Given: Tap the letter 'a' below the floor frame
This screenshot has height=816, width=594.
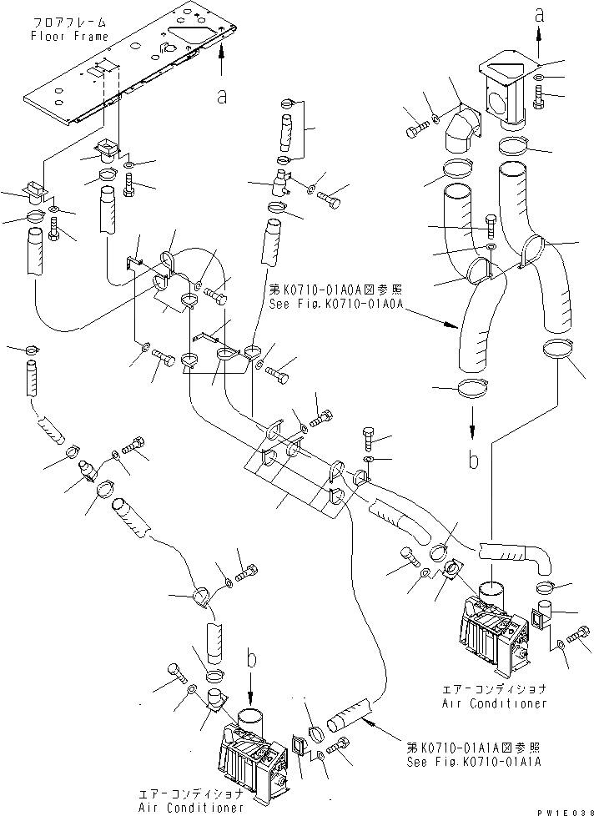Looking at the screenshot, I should point(222,98).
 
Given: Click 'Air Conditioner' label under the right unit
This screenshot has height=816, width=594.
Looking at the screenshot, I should point(496,703).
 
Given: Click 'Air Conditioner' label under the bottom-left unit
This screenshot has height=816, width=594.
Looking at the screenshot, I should point(195,807).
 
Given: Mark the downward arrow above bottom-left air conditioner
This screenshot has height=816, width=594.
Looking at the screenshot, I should point(251,688).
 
